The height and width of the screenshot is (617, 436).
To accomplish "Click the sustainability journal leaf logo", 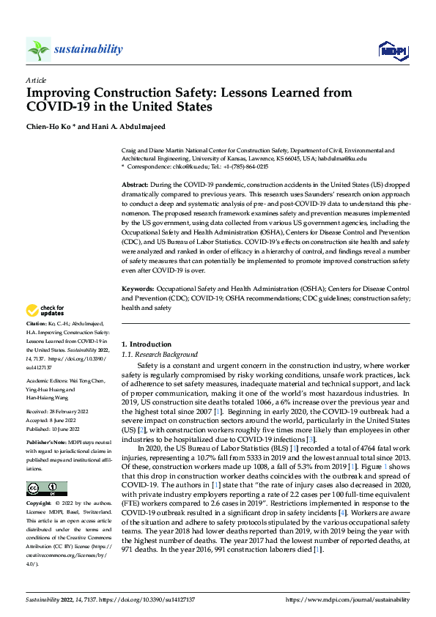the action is point(39,49).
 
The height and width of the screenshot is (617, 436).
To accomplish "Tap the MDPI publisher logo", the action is point(392,50).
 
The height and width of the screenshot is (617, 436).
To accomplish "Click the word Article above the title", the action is point(35,81).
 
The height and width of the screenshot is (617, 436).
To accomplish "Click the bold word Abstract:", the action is point(135,185).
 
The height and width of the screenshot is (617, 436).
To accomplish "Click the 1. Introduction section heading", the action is point(146,344).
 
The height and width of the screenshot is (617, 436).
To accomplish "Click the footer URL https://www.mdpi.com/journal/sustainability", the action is point(348,599).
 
